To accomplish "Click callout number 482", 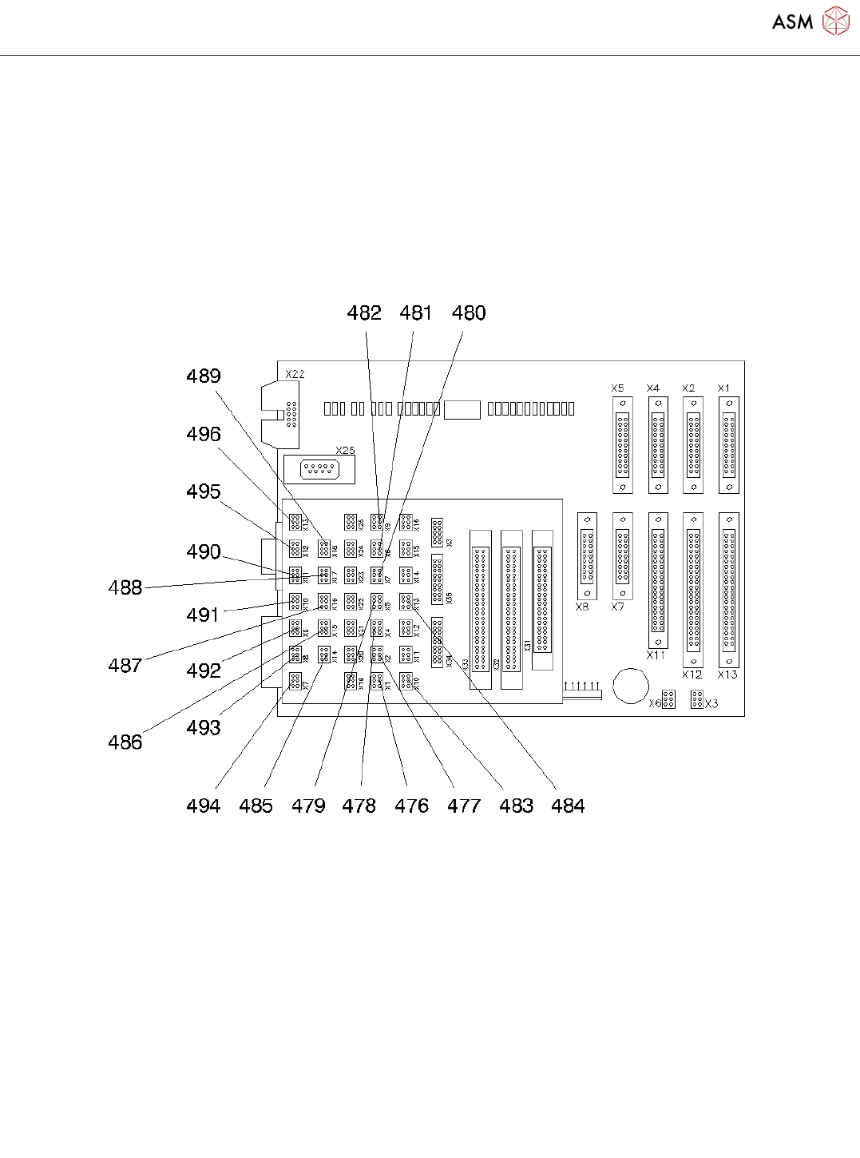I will [364, 312].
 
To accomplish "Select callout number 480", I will [469, 312].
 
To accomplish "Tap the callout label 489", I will [204, 376].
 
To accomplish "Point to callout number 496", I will [204, 434].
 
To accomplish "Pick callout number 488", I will [125, 587].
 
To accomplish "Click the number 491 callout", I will [204, 615].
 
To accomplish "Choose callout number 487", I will [125, 665].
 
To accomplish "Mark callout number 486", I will [125, 742].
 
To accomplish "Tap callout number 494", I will [204, 806].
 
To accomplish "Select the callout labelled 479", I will [308, 806].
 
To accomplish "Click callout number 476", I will [412, 806].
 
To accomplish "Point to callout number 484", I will [568, 806].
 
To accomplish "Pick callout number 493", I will [204, 727].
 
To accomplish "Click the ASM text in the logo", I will [793, 22].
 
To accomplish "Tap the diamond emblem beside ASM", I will [836, 21].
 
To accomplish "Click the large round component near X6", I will [631, 685].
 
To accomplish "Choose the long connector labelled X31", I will [542, 599].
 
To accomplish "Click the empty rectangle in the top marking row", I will [462, 409].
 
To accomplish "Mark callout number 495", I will [204, 491].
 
